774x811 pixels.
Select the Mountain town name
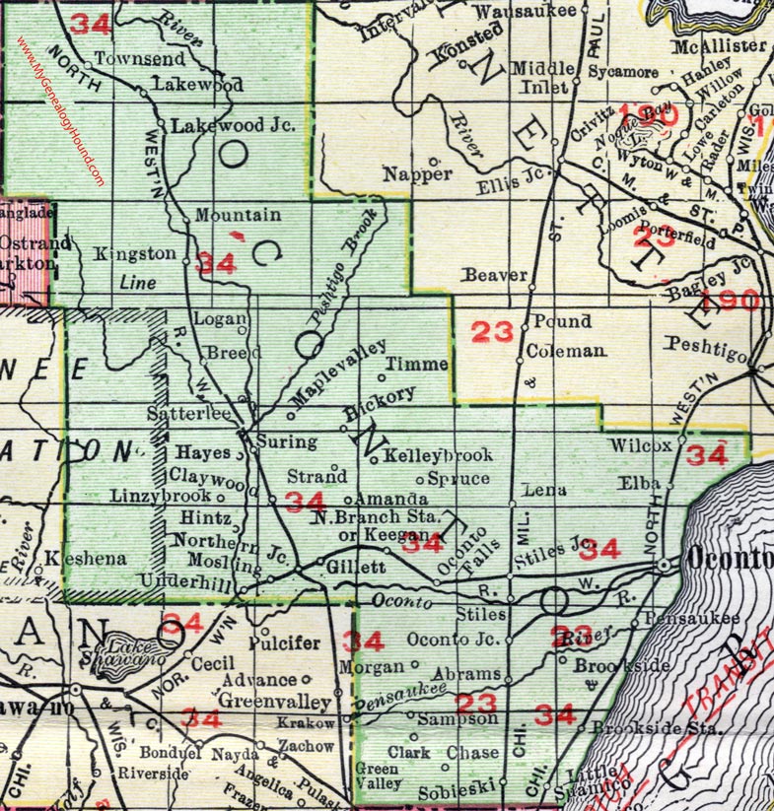pyautogui.click(x=234, y=214)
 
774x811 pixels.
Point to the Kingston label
pyautogui.click(x=135, y=254)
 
